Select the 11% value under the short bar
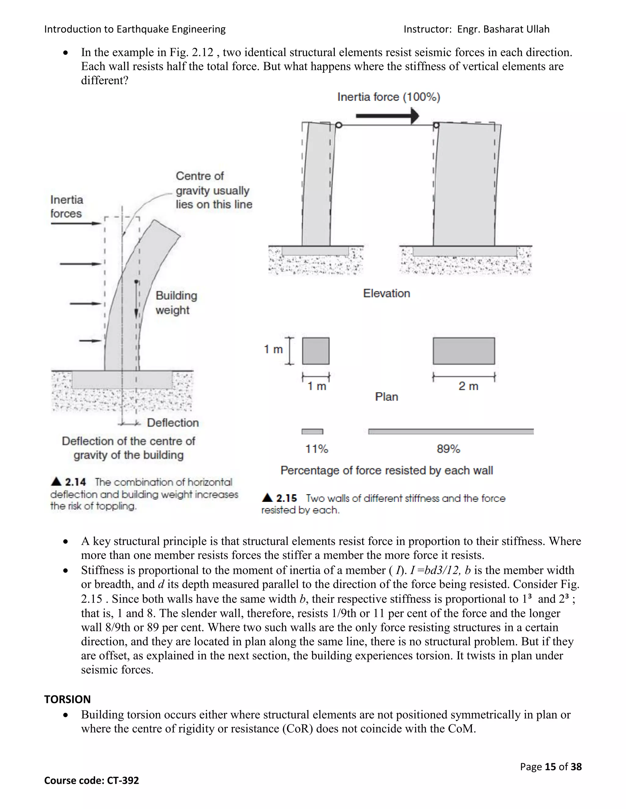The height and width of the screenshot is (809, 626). (x=316, y=449)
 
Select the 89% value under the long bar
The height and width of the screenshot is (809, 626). (x=448, y=449)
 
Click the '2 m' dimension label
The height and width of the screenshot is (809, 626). (x=468, y=386)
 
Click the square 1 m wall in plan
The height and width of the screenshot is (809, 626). (x=315, y=351)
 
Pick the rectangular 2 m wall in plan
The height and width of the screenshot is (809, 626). (x=464, y=351)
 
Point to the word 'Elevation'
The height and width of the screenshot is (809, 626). (x=386, y=293)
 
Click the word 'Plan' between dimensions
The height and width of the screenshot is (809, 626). (x=386, y=397)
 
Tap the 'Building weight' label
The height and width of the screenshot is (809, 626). (x=176, y=303)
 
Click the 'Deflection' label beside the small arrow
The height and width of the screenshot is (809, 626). (x=173, y=423)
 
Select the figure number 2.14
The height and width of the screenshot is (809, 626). (x=75, y=482)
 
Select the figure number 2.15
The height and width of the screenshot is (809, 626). (x=286, y=498)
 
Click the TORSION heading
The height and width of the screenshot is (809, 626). (x=68, y=699)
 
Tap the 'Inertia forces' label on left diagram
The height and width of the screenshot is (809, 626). (x=66, y=207)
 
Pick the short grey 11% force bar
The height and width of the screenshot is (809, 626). (x=312, y=432)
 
